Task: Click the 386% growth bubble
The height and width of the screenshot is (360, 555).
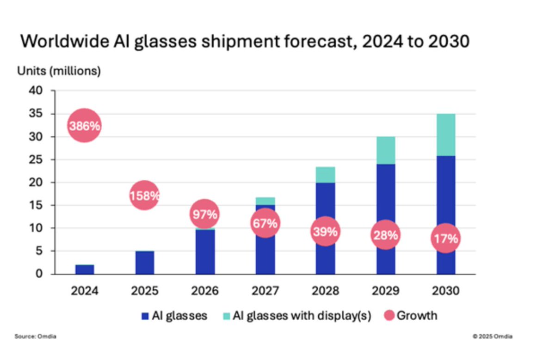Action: coord(84,126)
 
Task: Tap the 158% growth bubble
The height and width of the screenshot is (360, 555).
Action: coord(144,195)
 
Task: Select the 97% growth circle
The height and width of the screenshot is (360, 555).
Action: coord(205,214)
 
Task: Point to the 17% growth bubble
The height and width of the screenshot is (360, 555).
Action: coord(446,238)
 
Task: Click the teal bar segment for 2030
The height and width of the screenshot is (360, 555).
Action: coord(446,134)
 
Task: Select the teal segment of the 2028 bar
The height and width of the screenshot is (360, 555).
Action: coord(325,174)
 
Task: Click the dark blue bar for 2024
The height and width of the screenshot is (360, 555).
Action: coord(85,269)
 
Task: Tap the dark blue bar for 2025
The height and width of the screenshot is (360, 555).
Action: coord(145,262)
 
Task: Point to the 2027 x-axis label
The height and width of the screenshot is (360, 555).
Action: coord(265,291)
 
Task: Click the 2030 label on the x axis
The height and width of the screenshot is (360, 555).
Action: coord(446,291)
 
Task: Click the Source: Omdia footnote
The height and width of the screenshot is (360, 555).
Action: coord(29,336)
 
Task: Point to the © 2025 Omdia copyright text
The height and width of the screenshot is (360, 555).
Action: coord(492,336)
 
